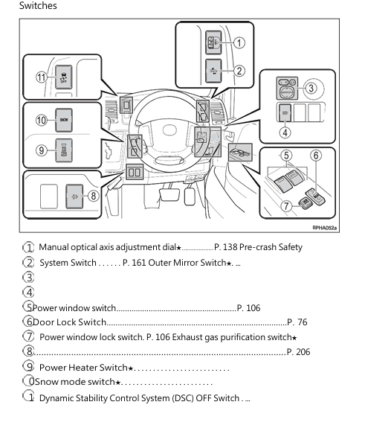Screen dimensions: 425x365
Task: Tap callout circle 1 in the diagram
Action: (x=239, y=43)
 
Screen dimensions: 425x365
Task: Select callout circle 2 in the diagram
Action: (x=239, y=71)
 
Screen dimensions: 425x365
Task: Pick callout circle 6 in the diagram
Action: (x=315, y=156)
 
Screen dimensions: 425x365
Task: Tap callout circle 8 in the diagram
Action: (x=93, y=196)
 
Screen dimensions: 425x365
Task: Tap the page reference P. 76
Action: (x=297, y=322)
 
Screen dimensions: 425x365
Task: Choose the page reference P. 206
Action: (x=297, y=352)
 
